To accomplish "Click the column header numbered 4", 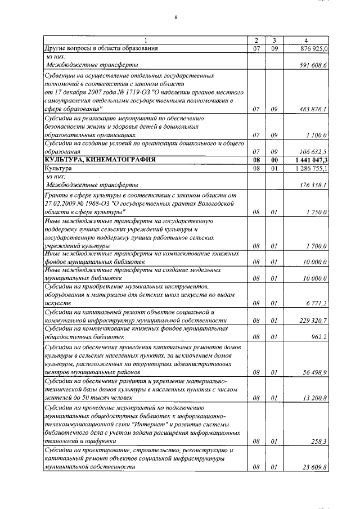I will (305, 40).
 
